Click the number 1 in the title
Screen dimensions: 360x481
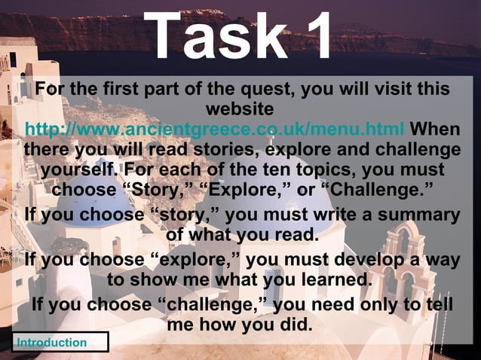pos(314,35)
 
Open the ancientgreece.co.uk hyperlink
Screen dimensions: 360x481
pos(215,127)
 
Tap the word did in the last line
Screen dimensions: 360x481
pos(296,325)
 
